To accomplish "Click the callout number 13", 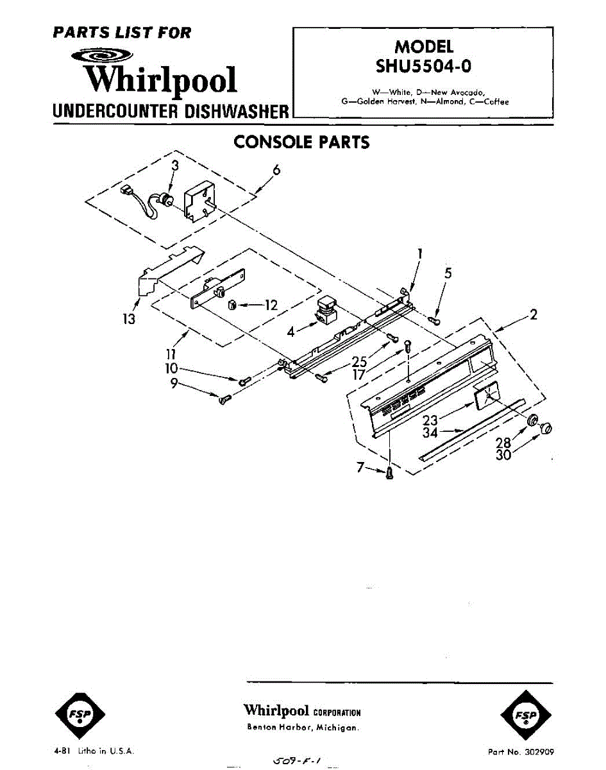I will coord(130,318).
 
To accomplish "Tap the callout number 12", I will coord(271,305).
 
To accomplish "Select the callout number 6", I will coord(276,170).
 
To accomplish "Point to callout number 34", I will coord(430,433).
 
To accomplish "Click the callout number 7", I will coord(362,469).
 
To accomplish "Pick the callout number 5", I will coord(448,273).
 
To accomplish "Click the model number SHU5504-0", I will coord(423,65).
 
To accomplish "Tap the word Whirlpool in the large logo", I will coord(162,80).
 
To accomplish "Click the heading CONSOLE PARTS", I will coord(301,142).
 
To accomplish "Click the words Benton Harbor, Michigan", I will coord(303,728).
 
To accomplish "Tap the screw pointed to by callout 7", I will coord(389,474).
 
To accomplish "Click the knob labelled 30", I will coord(547,428).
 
